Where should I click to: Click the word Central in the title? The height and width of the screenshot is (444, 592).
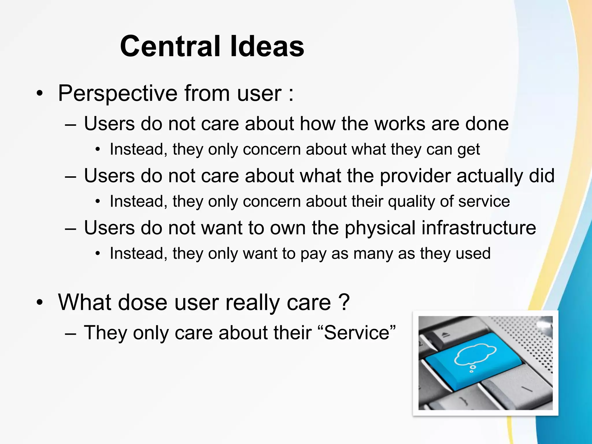click(172, 46)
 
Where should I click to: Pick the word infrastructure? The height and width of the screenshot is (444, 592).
click(478, 228)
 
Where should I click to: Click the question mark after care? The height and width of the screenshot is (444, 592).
click(344, 302)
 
